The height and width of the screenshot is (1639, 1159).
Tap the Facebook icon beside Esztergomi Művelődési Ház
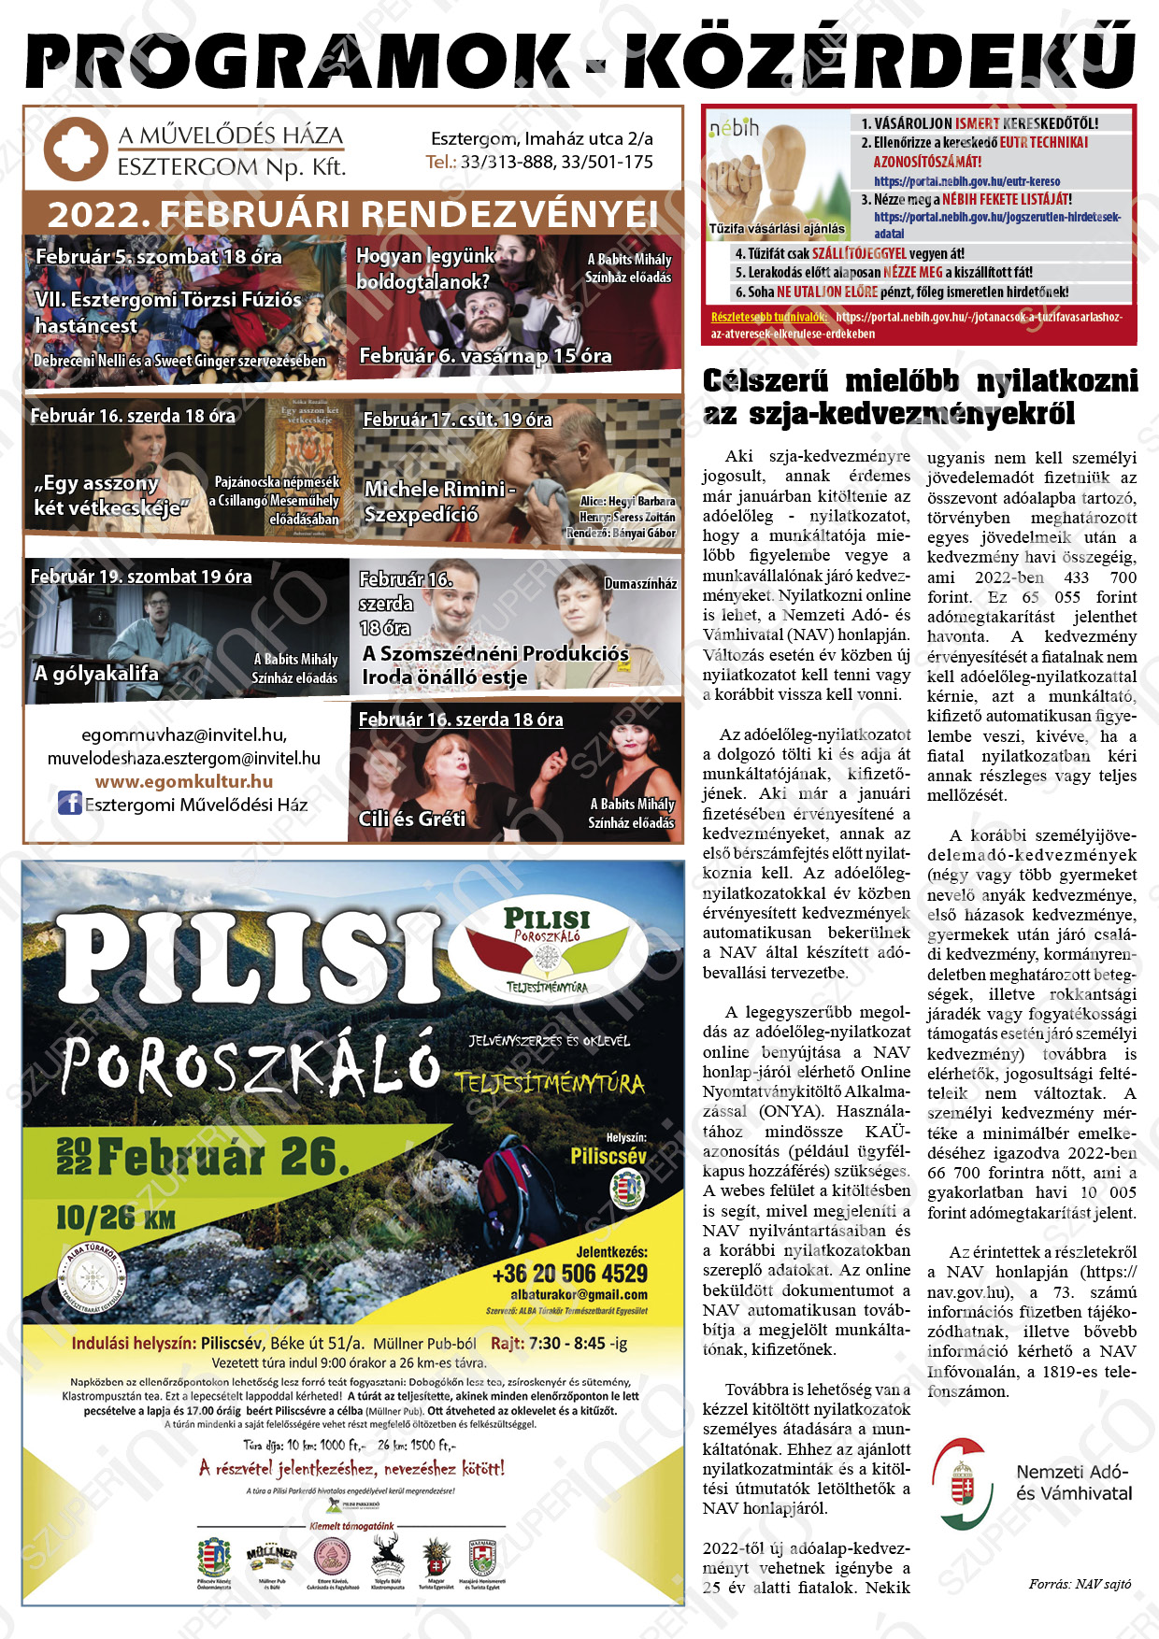70,803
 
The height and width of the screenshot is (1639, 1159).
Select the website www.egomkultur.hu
184,781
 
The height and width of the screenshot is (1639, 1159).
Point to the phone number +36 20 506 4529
570,1274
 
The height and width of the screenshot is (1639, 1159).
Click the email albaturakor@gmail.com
579,1295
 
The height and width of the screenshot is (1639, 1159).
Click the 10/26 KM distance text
115,1218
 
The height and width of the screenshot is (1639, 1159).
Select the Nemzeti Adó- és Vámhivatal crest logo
962,1484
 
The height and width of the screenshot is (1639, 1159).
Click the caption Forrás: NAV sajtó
1080,1584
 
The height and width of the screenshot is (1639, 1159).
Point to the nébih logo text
735,128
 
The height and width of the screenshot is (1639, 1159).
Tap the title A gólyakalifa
96,673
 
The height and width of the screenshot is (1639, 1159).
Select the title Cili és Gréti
411,819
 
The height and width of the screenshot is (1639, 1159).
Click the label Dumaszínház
640,584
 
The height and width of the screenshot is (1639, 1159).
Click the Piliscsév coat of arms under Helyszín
626,1189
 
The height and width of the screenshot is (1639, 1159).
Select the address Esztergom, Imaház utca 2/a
542,139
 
